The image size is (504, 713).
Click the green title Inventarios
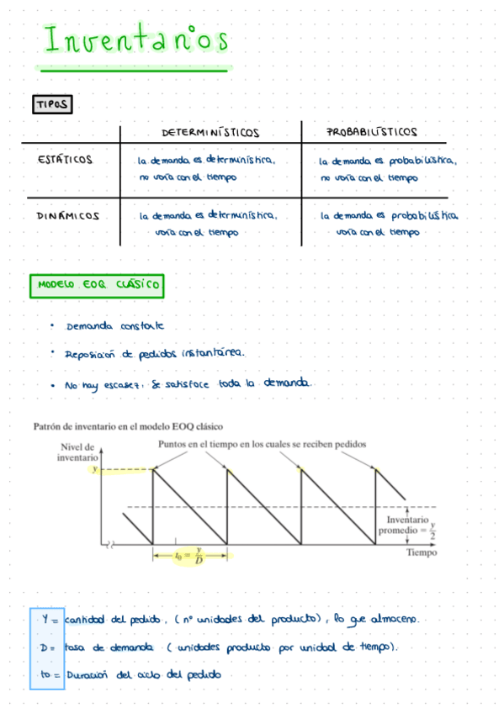tap(135, 41)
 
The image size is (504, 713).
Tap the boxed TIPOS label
tap(52, 104)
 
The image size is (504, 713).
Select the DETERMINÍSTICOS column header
tap(210, 133)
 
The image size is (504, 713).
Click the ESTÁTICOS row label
tap(66, 160)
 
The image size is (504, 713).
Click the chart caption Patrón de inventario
tap(128, 426)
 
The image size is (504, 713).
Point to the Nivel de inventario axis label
tap(77, 452)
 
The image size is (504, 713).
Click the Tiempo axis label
tap(422, 552)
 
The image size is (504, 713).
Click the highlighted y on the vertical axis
tap(94, 469)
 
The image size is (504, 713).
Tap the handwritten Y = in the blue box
tap(50, 620)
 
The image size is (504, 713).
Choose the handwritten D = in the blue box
tap(48, 647)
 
